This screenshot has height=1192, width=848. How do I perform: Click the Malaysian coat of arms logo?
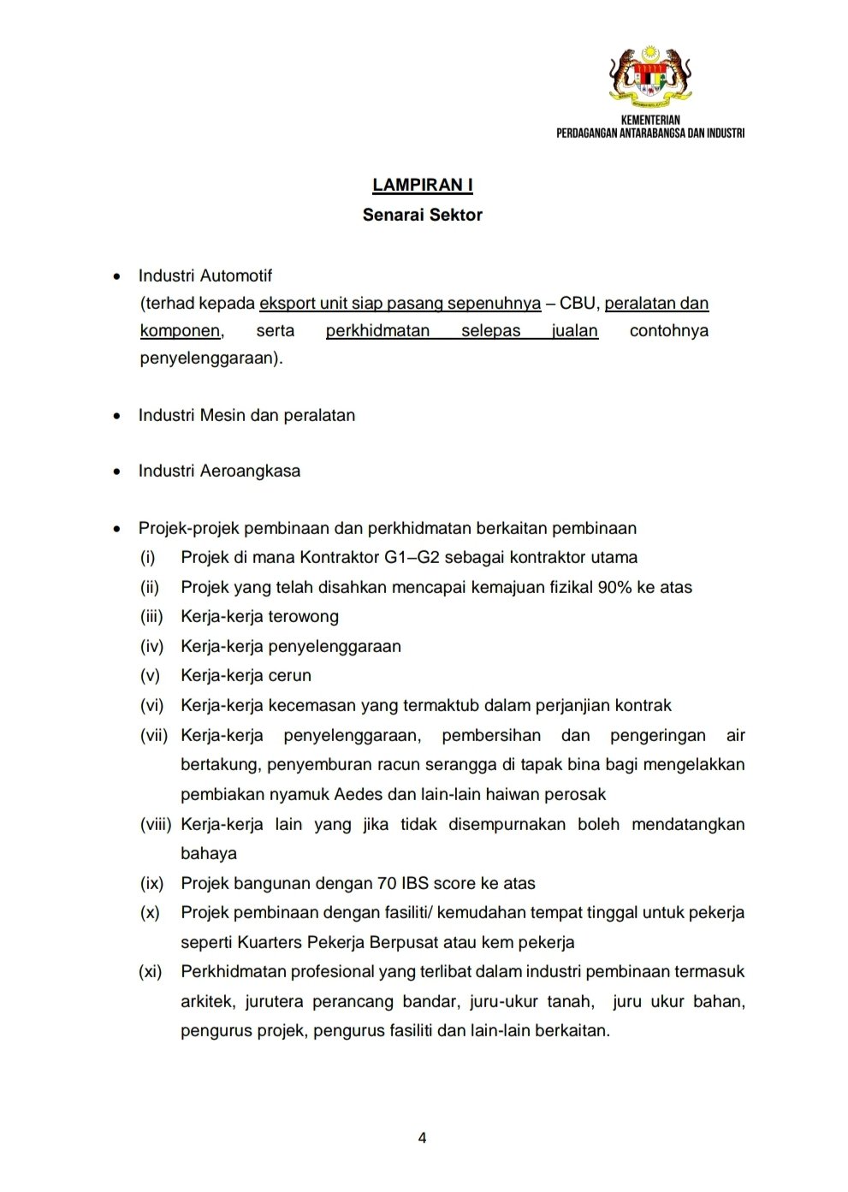click(x=650, y=75)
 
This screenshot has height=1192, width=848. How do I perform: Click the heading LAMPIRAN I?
click(x=423, y=185)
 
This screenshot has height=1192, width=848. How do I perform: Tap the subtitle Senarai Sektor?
click(x=423, y=215)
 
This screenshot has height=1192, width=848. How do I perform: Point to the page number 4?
click(x=422, y=1137)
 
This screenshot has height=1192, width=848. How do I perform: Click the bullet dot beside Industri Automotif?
click(x=117, y=276)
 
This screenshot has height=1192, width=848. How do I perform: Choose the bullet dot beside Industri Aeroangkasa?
click(x=117, y=471)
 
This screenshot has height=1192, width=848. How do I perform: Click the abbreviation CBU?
click(x=578, y=303)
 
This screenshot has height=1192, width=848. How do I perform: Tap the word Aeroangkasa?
click(x=250, y=471)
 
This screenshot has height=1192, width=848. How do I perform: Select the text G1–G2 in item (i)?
click(x=409, y=557)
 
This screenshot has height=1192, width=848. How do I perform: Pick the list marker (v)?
click(x=151, y=675)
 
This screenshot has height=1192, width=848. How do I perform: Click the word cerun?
click(x=290, y=675)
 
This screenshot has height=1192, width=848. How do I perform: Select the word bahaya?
click(x=209, y=853)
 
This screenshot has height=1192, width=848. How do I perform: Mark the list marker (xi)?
click(x=151, y=971)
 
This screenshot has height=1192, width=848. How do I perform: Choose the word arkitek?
click(x=206, y=1001)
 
